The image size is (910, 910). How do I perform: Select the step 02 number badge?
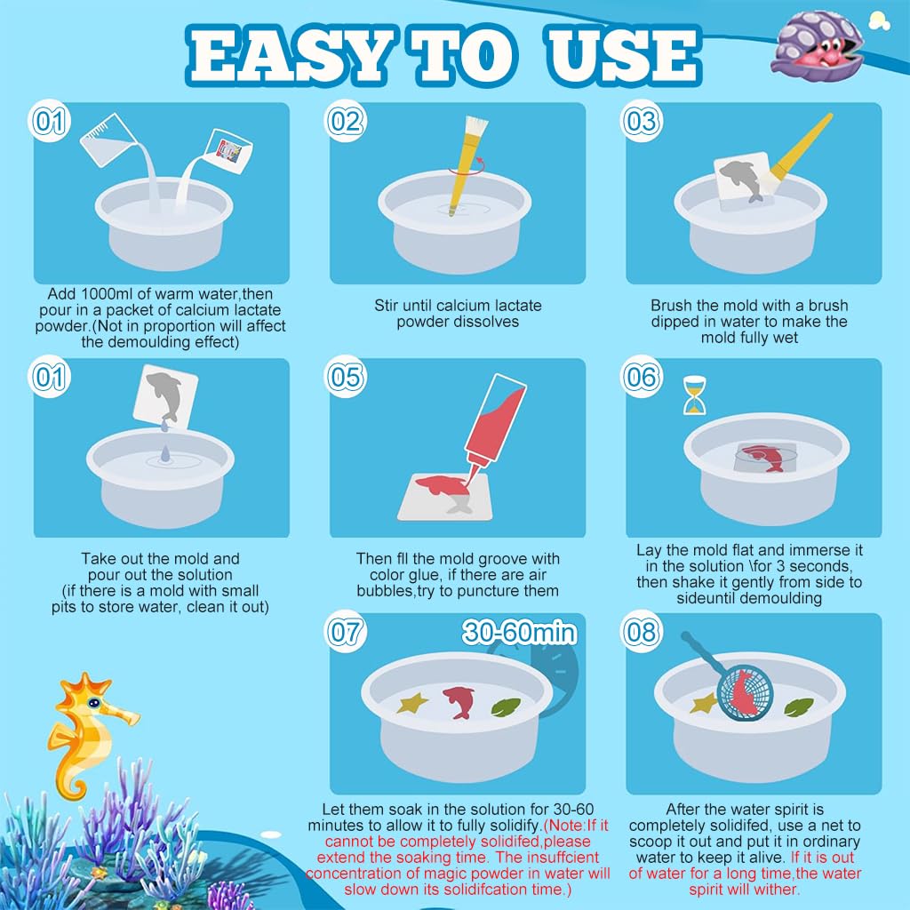[x=345, y=121]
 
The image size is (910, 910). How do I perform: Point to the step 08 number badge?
[x=642, y=632]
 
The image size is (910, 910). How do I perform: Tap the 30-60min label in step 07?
[x=520, y=633]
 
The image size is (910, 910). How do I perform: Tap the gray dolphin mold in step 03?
[x=738, y=178]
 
